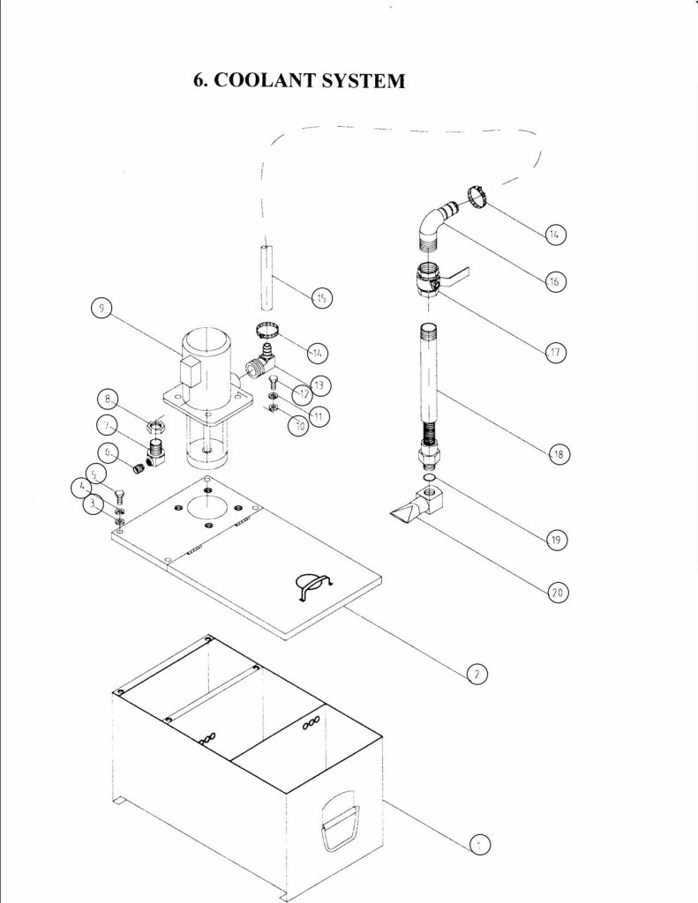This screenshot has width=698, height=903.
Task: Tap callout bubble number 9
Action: (103, 310)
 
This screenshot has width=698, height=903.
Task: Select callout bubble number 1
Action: (477, 844)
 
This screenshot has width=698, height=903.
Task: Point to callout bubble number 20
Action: (557, 593)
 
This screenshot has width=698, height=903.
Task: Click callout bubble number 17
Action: (557, 352)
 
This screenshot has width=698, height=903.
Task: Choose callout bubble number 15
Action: (322, 299)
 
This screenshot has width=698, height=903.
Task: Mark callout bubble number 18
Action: (557, 455)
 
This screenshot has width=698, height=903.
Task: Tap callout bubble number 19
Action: (557, 540)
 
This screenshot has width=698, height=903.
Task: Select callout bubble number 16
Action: (557, 282)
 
